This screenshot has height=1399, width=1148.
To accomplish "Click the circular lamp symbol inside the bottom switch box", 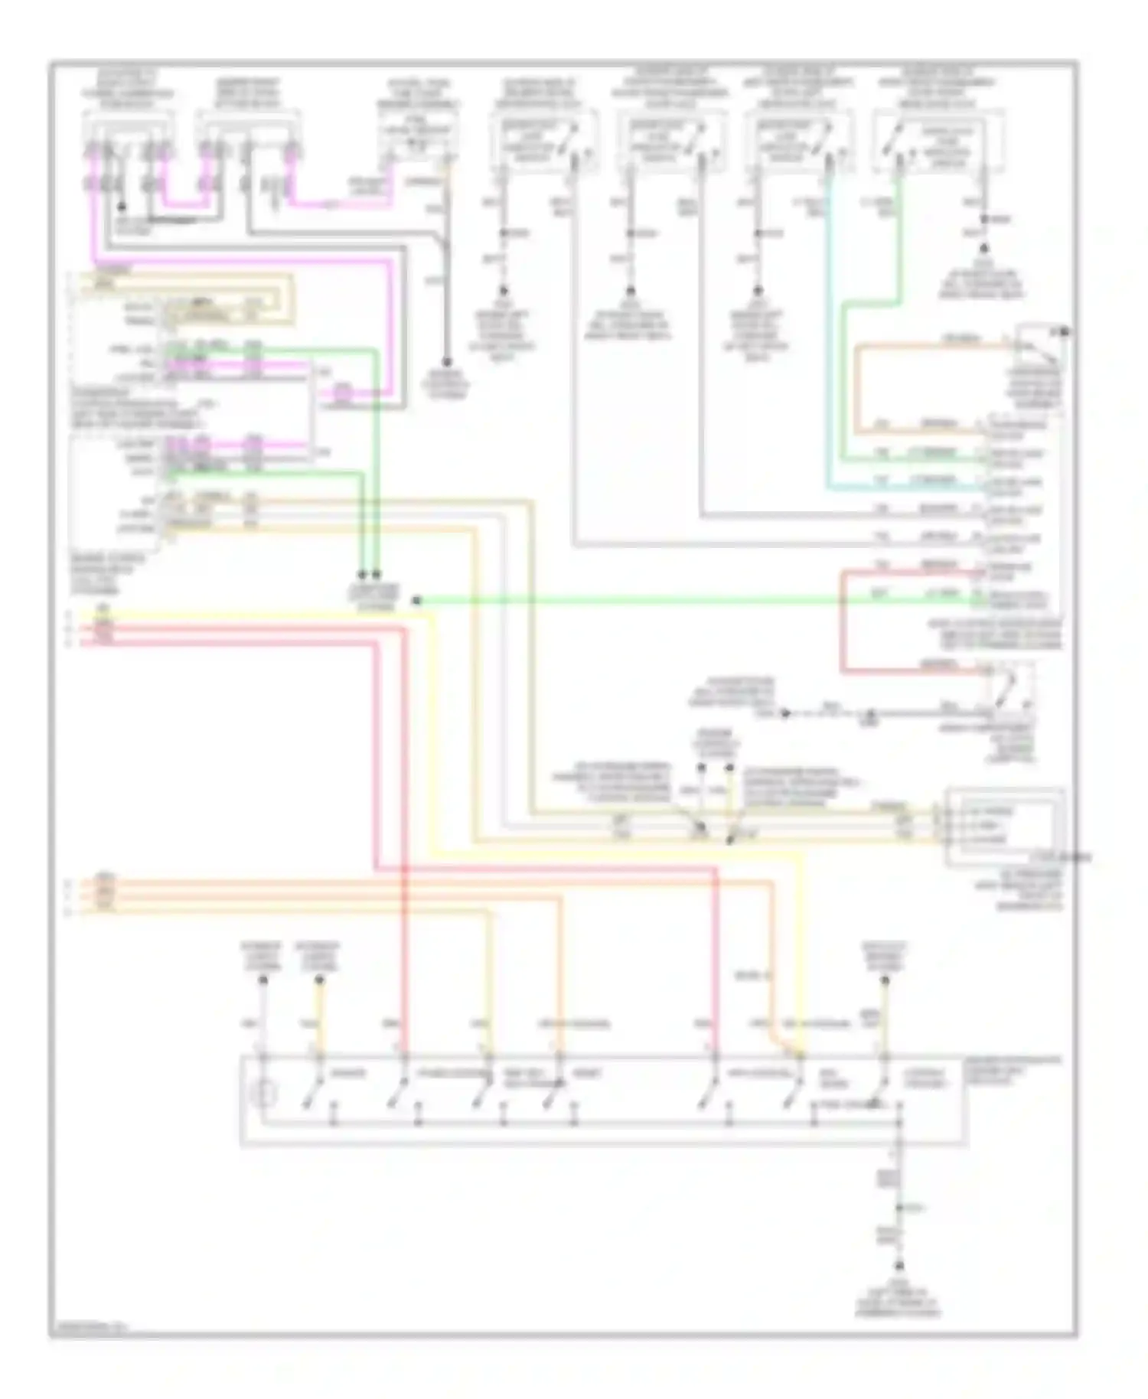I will click(264, 1095).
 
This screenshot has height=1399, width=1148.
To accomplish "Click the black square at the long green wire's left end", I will click(416, 601).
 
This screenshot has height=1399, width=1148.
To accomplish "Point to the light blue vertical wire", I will click(828, 337).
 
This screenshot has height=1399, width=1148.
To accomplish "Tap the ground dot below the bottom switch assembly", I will click(899, 1266).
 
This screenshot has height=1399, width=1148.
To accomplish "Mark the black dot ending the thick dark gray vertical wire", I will click(446, 362).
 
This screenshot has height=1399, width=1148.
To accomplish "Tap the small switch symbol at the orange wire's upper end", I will click(1039, 346).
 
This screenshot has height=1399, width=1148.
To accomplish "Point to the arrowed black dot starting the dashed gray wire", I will click(785, 713).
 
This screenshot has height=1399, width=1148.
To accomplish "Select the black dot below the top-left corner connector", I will click(120, 207).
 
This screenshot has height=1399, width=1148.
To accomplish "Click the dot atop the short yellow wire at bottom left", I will click(320, 982).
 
